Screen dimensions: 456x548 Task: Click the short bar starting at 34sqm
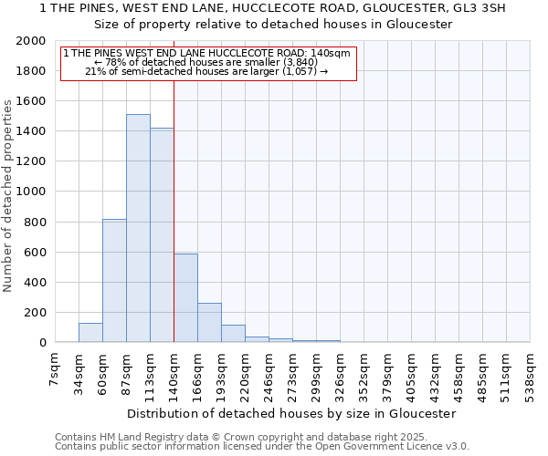pyautogui.click(x=90, y=333)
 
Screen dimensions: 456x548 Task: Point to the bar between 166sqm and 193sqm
pyautogui.click(x=209, y=323)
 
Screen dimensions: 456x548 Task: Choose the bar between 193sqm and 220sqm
pyautogui.click(x=233, y=334)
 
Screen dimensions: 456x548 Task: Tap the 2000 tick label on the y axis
pyautogui.click(x=30, y=41)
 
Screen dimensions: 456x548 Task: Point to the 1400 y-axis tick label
pyautogui.click(x=30, y=131)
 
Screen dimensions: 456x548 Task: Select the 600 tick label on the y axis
pyautogui.click(x=34, y=253)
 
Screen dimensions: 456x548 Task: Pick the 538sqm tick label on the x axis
pyautogui.click(x=531, y=371)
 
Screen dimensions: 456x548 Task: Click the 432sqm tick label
pyautogui.click(x=412, y=371)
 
